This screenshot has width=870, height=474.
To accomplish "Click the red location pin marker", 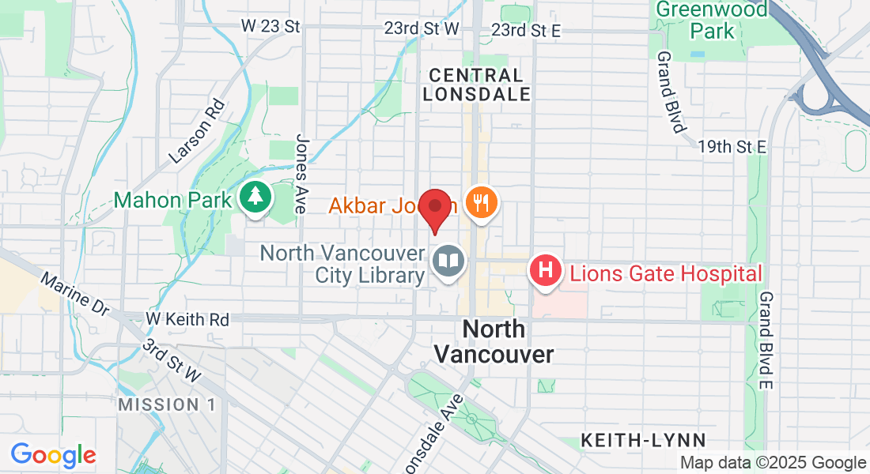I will point(434,208).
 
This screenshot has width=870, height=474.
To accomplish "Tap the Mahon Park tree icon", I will point(254,199).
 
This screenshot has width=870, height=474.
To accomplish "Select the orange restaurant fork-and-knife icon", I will point(480,204).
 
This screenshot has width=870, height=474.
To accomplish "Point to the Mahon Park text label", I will point(172,199).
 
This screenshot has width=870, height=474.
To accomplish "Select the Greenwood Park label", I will point(713,20).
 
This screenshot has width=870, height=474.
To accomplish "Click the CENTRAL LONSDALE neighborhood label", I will point(476,85).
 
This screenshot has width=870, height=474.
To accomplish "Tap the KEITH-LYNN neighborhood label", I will point(643,439).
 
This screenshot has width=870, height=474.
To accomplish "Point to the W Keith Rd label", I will point(187,319).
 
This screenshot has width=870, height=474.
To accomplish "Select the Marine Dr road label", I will point(75,295).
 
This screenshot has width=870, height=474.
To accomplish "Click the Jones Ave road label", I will point(301,174).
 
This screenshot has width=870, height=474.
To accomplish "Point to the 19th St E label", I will point(732,146).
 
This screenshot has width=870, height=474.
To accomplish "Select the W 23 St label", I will point(271,27).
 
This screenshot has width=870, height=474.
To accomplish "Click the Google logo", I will point(53,455).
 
